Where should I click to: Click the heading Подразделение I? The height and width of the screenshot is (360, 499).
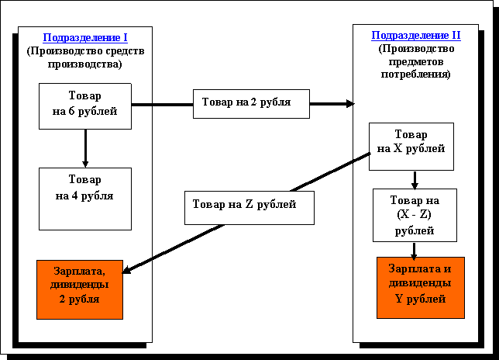pos(85,37)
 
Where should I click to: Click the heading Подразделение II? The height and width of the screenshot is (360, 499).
pos(416,36)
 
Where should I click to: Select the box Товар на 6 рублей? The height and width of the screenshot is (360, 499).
pos(85,106)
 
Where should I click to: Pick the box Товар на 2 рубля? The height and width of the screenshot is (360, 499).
pos(251,103)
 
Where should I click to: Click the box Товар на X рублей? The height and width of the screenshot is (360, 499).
pos(411,144)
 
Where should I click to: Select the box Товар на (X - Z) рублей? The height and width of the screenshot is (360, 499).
pos(415,215)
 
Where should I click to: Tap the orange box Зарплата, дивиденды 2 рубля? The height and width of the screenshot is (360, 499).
pos(80,289)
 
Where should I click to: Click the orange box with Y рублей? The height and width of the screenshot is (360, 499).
pos(421,286)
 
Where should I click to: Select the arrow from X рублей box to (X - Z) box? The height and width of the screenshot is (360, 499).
pos(415,179)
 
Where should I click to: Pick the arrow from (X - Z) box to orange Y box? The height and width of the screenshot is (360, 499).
pos(415,250)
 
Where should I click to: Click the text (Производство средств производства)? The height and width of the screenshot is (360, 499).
pos(85,58)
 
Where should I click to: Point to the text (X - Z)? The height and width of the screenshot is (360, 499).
pos(415,216)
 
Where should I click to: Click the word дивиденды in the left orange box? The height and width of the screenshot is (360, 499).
pos(81,285)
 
